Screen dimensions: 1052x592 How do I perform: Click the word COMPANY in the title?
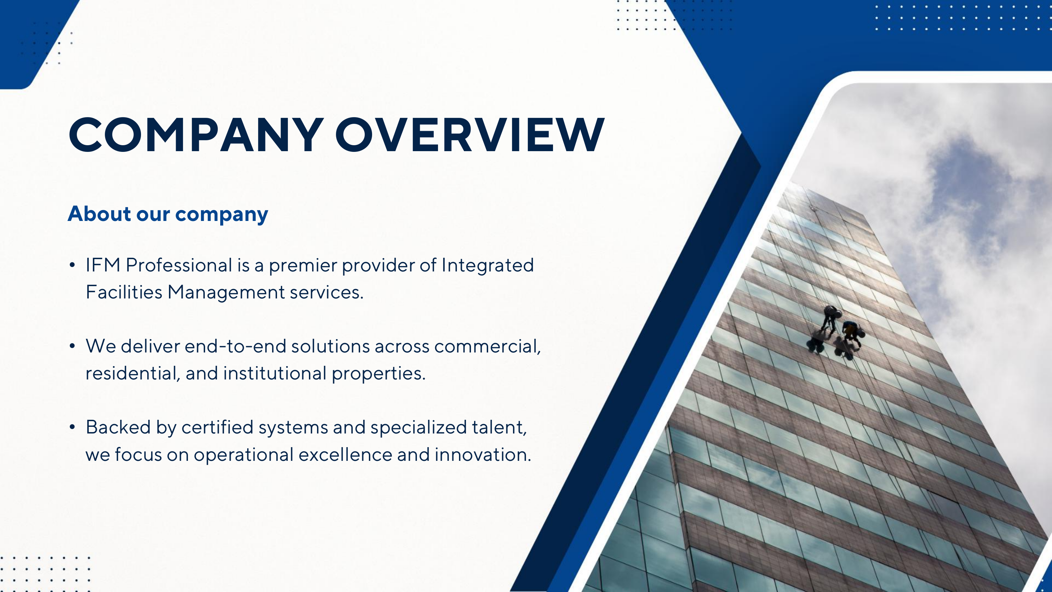[196, 135]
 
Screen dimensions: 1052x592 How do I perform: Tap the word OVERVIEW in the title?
[470, 135]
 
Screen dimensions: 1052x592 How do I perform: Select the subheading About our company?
[168, 214]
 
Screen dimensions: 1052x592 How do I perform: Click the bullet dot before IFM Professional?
[72, 265]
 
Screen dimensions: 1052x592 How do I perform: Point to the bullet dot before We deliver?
[72, 347]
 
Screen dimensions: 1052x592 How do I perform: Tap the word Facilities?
[124, 292]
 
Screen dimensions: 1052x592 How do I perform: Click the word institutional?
[275, 374]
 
